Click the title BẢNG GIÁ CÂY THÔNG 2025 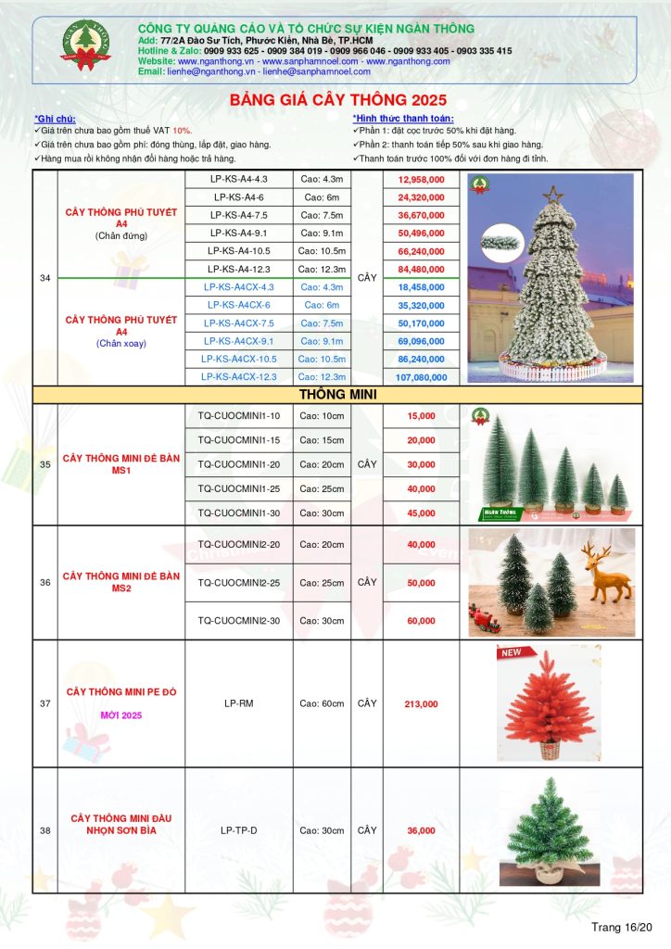pyautogui.click(x=337, y=99)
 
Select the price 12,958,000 pyautogui.click(x=423, y=179)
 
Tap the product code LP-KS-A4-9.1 pyautogui.click(x=239, y=233)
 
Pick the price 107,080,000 pyautogui.click(x=423, y=377)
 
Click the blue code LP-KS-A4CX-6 pyautogui.click(x=239, y=305)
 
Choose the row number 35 pyautogui.click(x=44, y=464)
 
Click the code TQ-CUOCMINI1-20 pyautogui.click(x=239, y=464)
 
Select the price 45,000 pyautogui.click(x=421, y=512)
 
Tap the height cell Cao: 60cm pyautogui.click(x=323, y=704)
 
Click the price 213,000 pyautogui.click(x=421, y=704)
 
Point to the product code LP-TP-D pyautogui.click(x=239, y=830)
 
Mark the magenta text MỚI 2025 pyautogui.click(x=120, y=716)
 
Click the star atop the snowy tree pyautogui.click(x=554, y=195)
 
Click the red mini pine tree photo pyautogui.click(x=548, y=704)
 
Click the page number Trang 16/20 pyautogui.click(x=623, y=927)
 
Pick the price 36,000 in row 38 pyautogui.click(x=421, y=830)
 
